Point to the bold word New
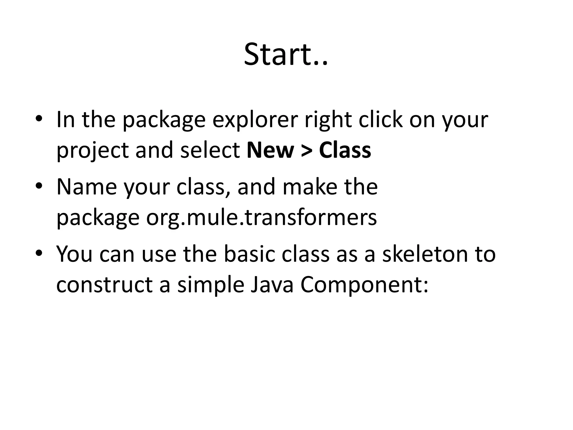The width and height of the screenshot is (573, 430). tap(270, 150)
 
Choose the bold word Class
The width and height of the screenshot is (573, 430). tap(345, 150)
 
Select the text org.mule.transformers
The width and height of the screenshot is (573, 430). tap(262, 218)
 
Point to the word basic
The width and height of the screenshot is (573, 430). tap(249, 254)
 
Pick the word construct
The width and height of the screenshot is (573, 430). tap(104, 285)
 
